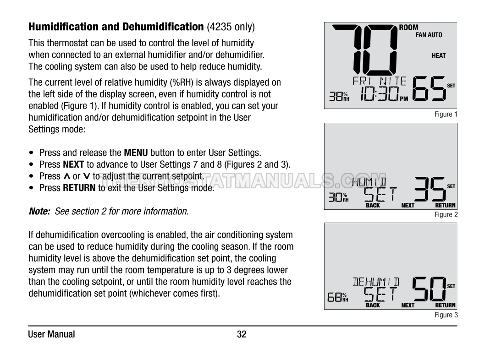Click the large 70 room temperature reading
coord(365,49)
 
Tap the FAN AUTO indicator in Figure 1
coord(429,35)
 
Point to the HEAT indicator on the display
coord(439,55)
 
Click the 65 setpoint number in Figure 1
coord(429,89)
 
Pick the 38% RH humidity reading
coord(339,96)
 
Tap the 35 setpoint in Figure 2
coord(430,189)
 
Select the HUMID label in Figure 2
coord(369,182)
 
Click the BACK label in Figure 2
coord(373,205)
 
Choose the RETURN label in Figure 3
coord(445,305)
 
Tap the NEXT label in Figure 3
coord(408,305)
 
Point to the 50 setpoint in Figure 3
coord(429,289)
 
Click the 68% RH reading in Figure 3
coord(338,297)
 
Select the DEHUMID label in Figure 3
coord(376,282)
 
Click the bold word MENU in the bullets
coord(136,153)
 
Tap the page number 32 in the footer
coord(242,334)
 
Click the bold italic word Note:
coord(39,211)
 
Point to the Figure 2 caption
coord(446,214)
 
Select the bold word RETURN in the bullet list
coord(79,188)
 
